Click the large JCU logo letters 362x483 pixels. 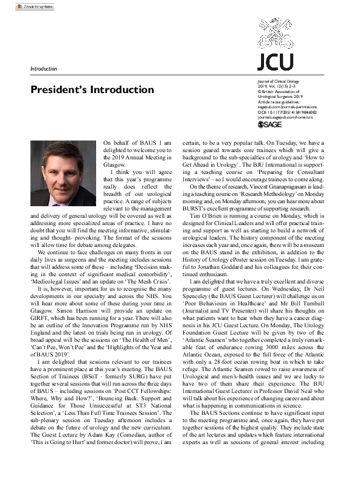pos(275,61)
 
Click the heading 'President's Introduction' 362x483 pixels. pos(92,90)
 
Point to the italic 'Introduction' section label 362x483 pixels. pos(43,69)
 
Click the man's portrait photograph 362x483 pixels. pos(63,175)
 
